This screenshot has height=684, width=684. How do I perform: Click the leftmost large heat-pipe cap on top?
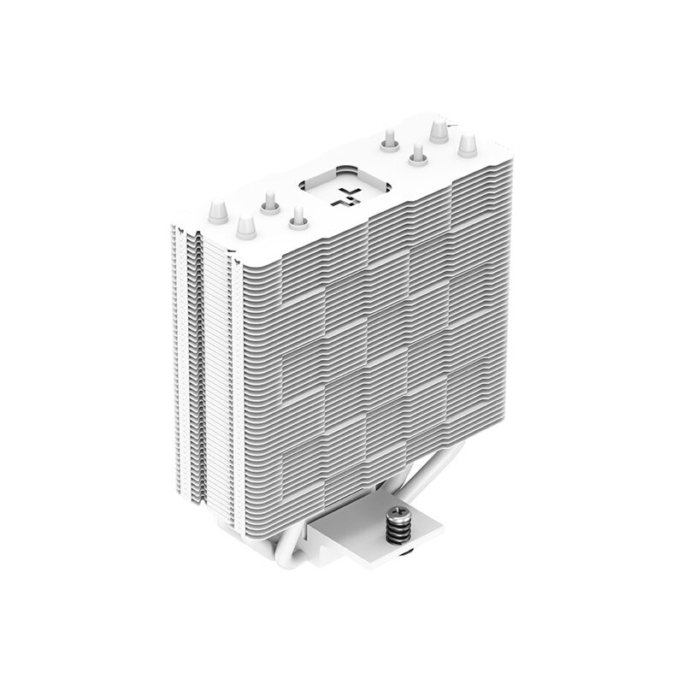pyautogui.click(x=218, y=210)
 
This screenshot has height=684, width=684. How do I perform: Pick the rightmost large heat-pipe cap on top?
pyautogui.click(x=467, y=144)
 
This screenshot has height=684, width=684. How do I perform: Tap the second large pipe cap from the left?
pyautogui.click(x=246, y=227)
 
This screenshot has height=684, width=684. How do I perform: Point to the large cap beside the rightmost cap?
pyautogui.click(x=439, y=131)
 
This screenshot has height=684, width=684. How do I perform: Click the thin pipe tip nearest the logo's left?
pyautogui.click(x=298, y=220)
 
